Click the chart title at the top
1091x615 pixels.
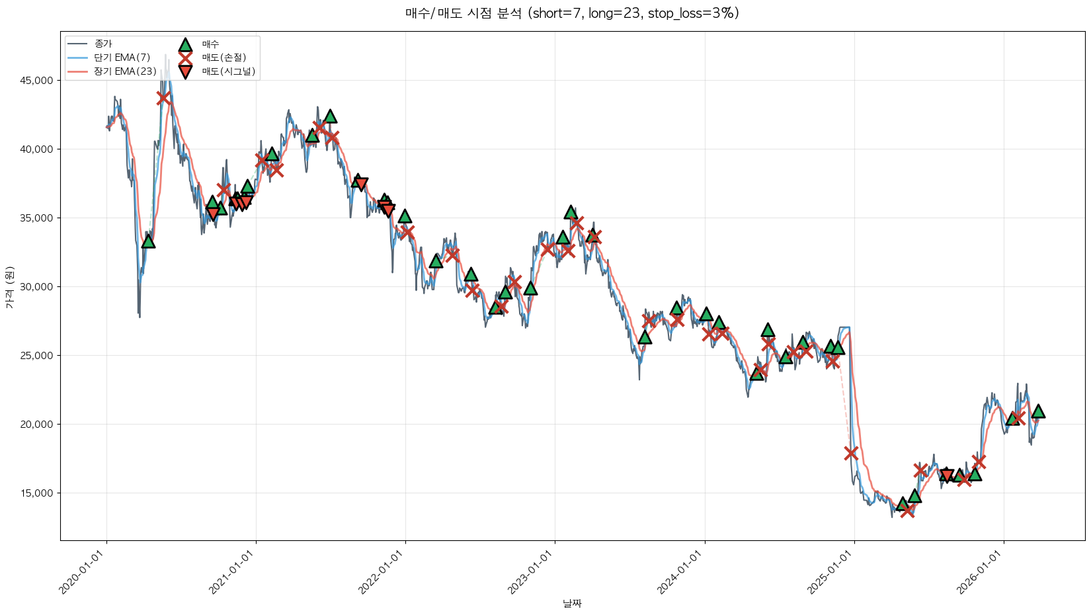tap(572, 13)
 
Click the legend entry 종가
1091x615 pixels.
tap(103, 44)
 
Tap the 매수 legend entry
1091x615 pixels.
tap(210, 44)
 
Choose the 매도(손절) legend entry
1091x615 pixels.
tap(223, 58)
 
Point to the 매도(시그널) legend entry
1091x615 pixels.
tap(228, 71)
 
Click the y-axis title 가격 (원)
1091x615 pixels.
tap(9, 287)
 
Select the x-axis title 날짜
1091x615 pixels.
tap(572, 603)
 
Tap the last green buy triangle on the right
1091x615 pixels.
tap(1038, 411)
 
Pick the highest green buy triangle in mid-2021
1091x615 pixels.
tap(330, 116)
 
